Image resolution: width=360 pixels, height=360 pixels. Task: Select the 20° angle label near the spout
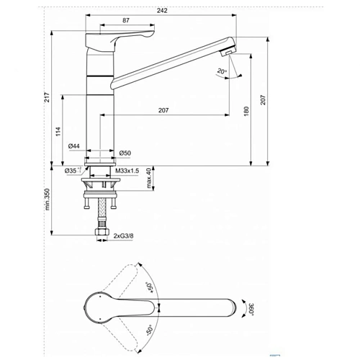[x=220, y=71]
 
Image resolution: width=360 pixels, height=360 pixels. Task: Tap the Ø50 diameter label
[x=125, y=153]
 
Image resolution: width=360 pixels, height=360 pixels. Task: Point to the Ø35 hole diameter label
[x=71, y=171]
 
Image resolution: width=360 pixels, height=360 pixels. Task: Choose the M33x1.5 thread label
[x=127, y=171]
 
